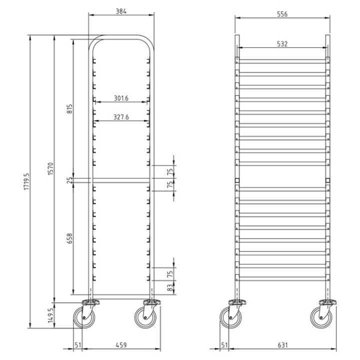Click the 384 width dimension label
click(x=121, y=11)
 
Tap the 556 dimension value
click(x=282, y=14)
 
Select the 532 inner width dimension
click(x=282, y=44)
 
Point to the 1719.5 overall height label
click(x=27, y=181)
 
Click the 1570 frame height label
click(x=50, y=169)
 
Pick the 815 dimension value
click(x=69, y=109)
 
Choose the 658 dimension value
click(x=69, y=238)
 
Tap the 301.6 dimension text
click(x=121, y=98)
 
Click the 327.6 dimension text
click(x=121, y=117)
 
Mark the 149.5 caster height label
click(x=50, y=315)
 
